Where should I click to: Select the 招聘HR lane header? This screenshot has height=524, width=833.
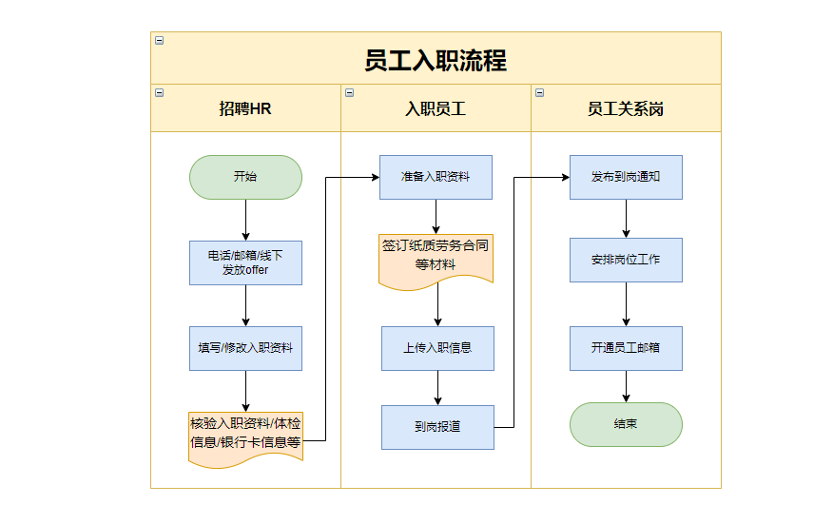click(x=245, y=108)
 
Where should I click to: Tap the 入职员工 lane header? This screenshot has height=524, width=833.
click(x=436, y=108)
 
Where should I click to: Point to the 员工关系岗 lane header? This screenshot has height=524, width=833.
click(x=626, y=108)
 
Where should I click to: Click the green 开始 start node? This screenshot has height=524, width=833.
click(x=245, y=177)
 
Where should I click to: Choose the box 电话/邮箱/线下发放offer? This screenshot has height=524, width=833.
click(x=245, y=262)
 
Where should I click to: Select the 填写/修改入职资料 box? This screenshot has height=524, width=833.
click(x=245, y=348)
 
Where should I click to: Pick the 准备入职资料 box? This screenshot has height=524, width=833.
click(x=436, y=177)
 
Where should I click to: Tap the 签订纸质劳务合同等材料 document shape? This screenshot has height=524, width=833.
click(x=436, y=255)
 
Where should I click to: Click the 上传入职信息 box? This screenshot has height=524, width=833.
click(x=437, y=348)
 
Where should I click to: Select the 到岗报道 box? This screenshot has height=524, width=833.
click(x=437, y=427)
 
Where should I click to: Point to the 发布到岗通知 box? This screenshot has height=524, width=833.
click(x=626, y=177)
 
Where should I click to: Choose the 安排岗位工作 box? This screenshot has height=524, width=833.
click(x=626, y=260)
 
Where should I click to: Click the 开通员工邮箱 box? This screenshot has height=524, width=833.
click(x=626, y=348)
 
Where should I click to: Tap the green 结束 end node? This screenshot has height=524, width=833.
click(x=626, y=424)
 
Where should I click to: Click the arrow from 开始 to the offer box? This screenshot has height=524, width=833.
click(x=245, y=220)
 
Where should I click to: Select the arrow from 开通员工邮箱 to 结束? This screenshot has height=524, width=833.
click(x=626, y=386)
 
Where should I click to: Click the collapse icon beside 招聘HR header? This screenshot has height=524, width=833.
click(x=159, y=92)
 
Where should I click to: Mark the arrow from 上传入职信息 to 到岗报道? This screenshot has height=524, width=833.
click(x=437, y=388)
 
